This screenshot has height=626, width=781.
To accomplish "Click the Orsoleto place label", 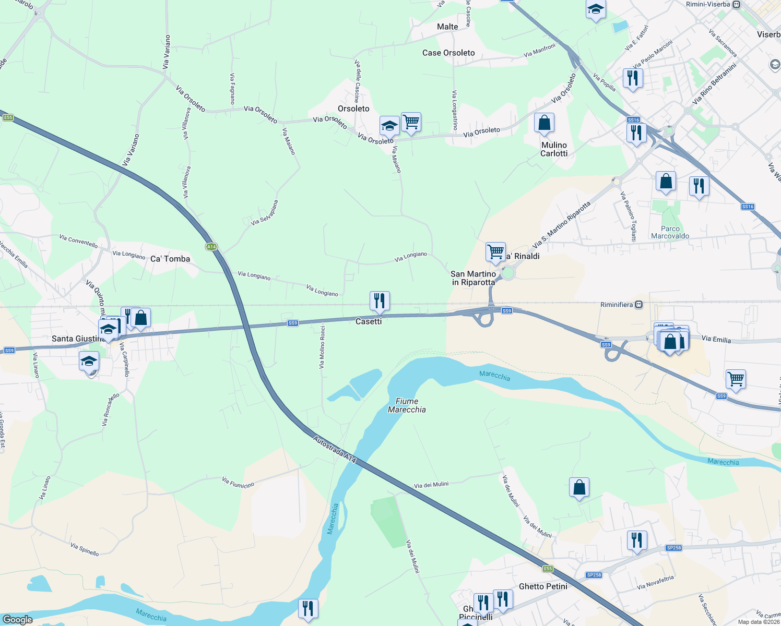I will (x=353, y=109).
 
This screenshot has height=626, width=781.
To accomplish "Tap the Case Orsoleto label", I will (x=448, y=53).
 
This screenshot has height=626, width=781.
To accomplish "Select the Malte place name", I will (x=447, y=27).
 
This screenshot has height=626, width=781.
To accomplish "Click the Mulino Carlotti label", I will (x=554, y=149).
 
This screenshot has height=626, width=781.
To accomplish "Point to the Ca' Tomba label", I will (x=170, y=259).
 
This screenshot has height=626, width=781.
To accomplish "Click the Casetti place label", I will (x=369, y=321).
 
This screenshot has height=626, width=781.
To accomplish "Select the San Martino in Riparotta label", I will (x=473, y=278).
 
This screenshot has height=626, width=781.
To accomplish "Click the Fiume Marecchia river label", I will (x=407, y=405).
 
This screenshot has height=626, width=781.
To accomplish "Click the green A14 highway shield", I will (x=211, y=247).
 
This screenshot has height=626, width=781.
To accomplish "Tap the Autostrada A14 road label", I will (x=335, y=450).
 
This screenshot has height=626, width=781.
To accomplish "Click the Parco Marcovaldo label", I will (x=670, y=232).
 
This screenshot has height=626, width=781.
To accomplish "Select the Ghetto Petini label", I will (x=543, y=586).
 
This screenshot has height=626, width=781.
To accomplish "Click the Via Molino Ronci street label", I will (x=322, y=347).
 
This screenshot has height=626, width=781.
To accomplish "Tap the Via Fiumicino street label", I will (x=238, y=483).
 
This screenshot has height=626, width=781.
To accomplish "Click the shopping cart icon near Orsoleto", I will (x=411, y=122).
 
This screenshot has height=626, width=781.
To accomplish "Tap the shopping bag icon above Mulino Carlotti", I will (x=544, y=123).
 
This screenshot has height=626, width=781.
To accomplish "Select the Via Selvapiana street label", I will (x=264, y=213).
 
